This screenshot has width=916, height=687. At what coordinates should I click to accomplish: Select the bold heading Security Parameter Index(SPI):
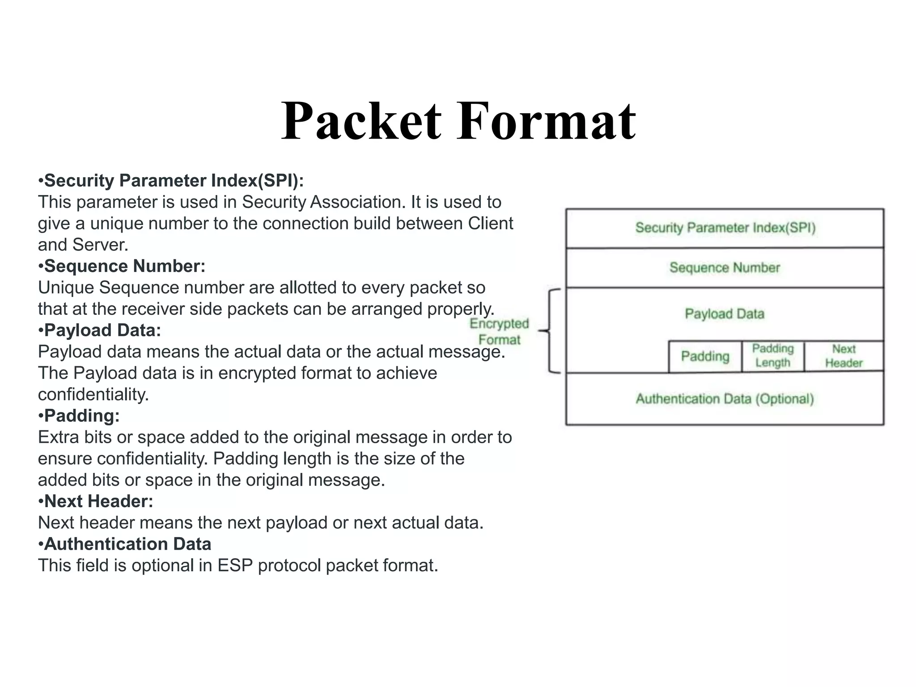[174, 181]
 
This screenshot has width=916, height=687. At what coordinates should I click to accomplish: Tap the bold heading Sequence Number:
[124, 266]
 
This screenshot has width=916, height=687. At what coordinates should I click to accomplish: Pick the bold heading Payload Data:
[102, 330]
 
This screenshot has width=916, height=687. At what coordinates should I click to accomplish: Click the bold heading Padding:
[81, 416]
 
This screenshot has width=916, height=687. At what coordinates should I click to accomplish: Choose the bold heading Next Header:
[98, 501]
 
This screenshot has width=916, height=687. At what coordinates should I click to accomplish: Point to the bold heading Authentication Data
[127, 544]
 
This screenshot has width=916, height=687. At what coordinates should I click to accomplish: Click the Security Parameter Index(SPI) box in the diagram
[725, 228]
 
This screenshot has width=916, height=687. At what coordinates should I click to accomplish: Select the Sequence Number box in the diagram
[725, 267]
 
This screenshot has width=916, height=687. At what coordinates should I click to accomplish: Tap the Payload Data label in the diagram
[725, 314]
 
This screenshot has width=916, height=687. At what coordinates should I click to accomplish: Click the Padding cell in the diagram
[705, 356]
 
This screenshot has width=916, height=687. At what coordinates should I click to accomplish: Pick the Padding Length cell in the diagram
[773, 356]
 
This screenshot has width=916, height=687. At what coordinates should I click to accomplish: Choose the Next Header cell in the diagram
[844, 356]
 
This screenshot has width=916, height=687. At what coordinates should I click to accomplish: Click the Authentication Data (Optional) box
[725, 399]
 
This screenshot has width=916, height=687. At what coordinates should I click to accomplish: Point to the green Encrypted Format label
[499, 331]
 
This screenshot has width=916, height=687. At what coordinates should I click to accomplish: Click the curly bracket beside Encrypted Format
[550, 331]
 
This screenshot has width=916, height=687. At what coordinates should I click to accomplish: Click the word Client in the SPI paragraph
[490, 223]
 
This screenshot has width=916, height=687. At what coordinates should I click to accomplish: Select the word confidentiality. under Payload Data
[93, 394]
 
